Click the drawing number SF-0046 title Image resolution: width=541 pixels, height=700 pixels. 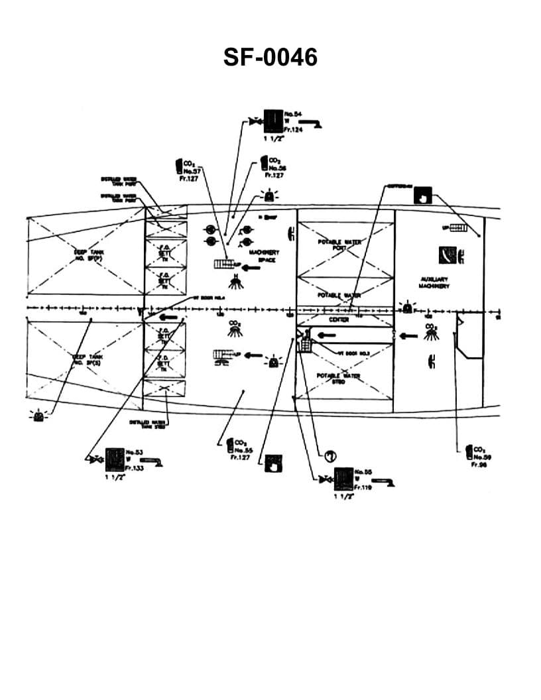[270, 58]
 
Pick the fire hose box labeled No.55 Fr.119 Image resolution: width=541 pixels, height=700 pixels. [343, 478]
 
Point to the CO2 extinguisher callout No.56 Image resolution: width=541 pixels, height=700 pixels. [265, 162]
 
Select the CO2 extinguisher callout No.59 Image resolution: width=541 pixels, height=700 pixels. [469, 452]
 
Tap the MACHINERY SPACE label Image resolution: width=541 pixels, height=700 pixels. [263, 256]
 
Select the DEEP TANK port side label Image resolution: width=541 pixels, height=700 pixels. [88, 255]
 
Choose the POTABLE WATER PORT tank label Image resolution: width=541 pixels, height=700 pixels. [339, 245]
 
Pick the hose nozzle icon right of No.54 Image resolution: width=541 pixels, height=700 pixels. [310, 123]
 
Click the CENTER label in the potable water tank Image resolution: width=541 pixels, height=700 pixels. [339, 320]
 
